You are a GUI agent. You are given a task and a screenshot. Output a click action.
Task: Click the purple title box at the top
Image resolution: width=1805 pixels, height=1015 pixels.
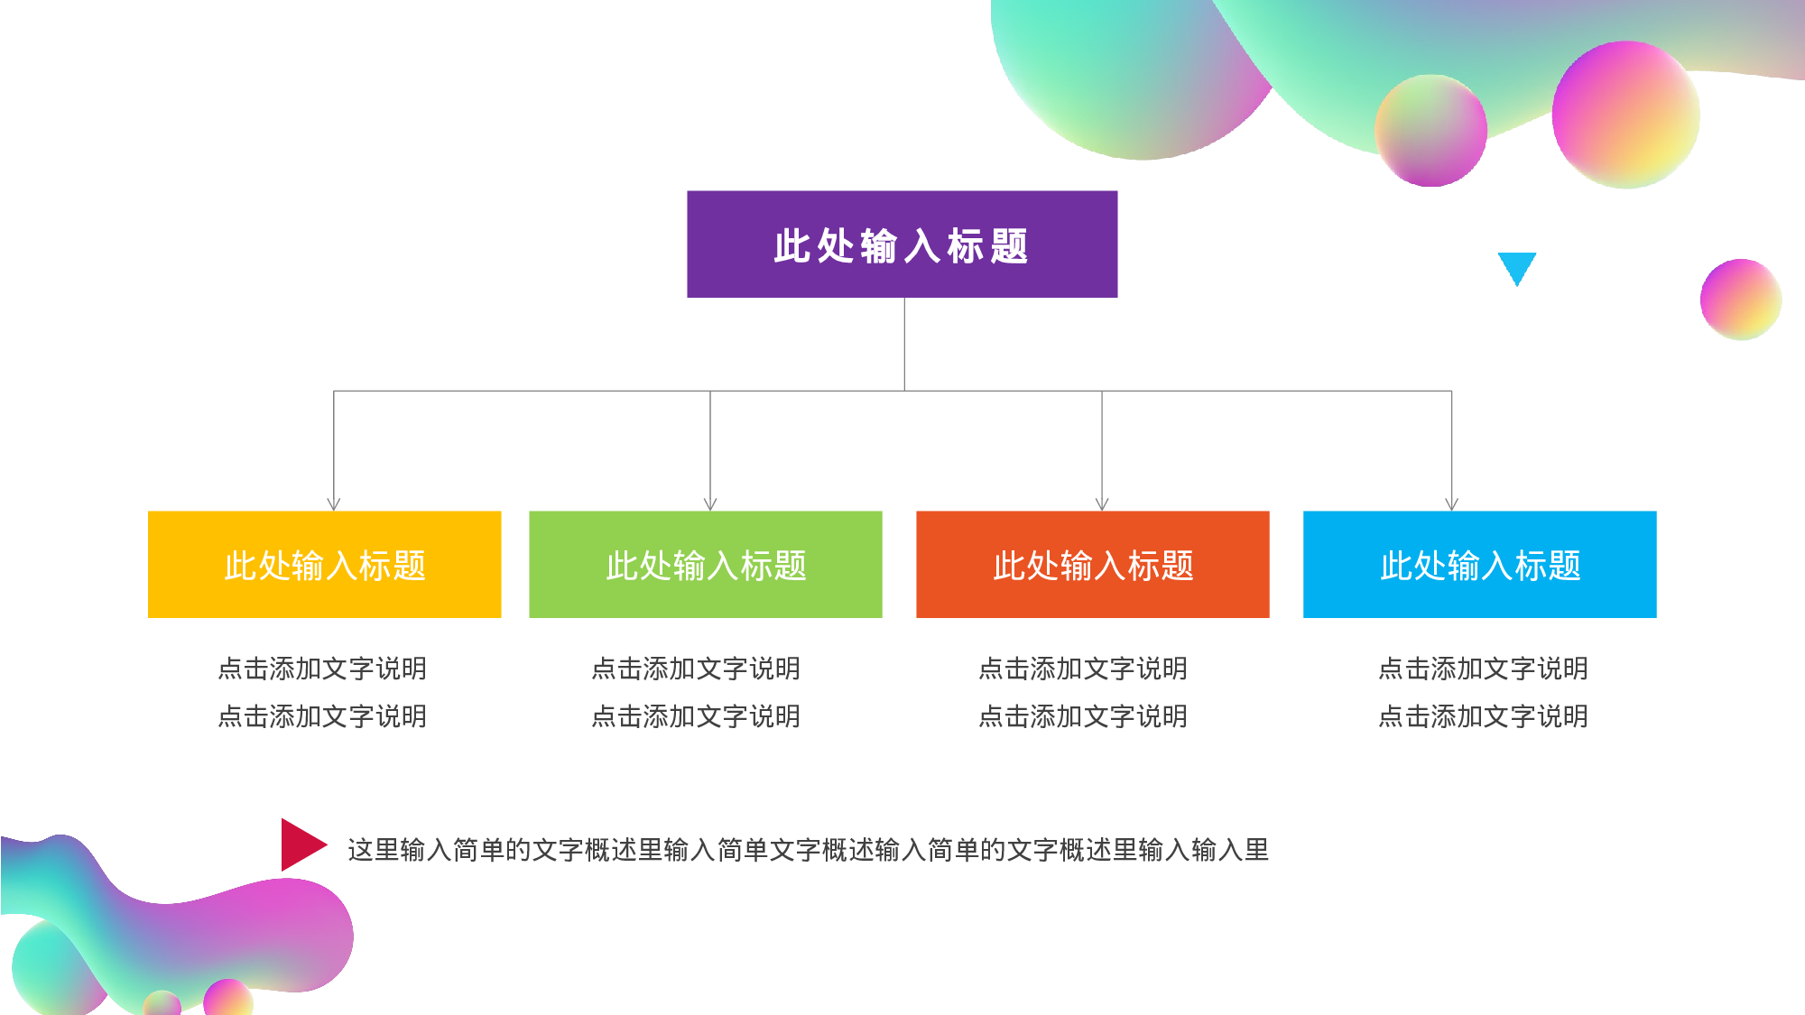tap(902, 245)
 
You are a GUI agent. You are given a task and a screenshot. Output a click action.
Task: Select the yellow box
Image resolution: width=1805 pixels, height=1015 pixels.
tap(324, 565)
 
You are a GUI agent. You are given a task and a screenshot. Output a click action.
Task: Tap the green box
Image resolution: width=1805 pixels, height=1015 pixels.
tap(706, 565)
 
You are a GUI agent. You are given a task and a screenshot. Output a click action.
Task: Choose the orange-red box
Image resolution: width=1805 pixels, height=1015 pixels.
tap(1093, 565)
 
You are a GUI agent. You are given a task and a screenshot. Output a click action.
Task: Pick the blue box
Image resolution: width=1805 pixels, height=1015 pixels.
tap(1480, 565)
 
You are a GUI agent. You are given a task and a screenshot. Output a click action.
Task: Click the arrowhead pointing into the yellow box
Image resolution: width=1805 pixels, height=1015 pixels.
tap(334, 504)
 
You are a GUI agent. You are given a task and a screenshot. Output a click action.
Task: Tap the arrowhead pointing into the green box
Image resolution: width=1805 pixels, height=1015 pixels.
tap(710, 504)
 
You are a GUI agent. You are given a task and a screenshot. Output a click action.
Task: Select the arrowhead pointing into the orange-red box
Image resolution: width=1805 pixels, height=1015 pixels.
tap(1102, 504)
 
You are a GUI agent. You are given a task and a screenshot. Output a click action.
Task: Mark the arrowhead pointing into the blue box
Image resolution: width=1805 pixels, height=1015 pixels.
tap(1451, 504)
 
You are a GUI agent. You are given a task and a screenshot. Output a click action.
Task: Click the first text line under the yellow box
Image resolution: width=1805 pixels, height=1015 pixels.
tap(322, 669)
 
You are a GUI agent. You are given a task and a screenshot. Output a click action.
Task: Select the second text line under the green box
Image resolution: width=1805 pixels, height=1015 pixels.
tap(696, 716)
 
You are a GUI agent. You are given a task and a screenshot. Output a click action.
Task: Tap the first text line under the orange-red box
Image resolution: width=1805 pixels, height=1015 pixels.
tap(1083, 669)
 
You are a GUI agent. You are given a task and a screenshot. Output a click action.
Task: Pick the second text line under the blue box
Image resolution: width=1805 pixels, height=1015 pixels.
tap(1483, 716)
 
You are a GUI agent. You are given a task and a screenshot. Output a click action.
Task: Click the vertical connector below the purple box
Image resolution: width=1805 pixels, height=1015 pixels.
tap(904, 344)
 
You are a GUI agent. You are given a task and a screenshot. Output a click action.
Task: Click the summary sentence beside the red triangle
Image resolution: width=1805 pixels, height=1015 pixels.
tap(809, 850)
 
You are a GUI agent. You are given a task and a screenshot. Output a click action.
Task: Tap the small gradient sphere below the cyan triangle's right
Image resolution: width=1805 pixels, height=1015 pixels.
tap(1741, 300)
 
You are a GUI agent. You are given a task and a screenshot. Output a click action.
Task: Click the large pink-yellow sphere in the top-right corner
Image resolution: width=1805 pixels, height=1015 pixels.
tap(1626, 115)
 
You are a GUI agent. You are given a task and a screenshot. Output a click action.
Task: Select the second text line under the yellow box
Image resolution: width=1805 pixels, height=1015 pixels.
tap(322, 716)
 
